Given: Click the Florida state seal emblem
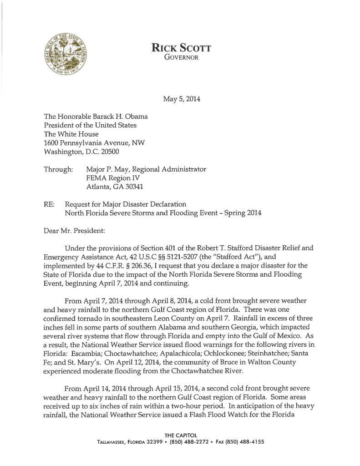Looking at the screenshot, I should tap(66, 56).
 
